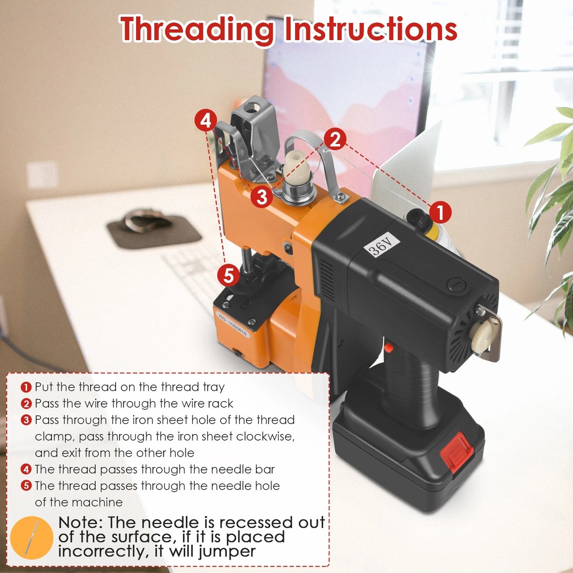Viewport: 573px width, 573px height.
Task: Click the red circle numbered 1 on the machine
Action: tap(440, 212)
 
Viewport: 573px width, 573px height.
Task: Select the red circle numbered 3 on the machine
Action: tap(262, 196)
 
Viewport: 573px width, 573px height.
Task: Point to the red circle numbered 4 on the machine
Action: tap(206, 121)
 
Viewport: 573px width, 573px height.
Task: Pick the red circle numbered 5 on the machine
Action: tap(228, 276)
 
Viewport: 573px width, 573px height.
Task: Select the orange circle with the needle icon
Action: tap(32, 538)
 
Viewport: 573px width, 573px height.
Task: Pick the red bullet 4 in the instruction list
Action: tap(26, 469)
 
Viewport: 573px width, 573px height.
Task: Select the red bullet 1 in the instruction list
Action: tap(26, 387)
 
